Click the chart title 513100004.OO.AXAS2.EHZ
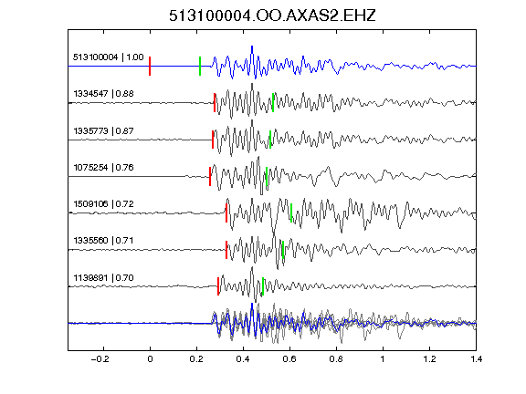pos(272,16)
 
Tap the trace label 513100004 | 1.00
pos(109,57)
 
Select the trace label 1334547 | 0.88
pos(104,93)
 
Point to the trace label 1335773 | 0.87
pos(104,130)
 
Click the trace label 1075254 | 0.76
pos(104,167)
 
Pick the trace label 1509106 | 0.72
pos(104,203)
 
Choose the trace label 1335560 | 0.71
pos(104,240)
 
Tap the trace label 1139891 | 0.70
pos(104,278)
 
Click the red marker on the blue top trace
pos(150,66)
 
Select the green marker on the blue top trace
pos(200,66)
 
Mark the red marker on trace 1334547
pos(215,102)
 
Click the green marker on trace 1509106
pos(291,213)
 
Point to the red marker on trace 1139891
pos(218,286)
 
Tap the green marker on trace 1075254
pos(267,176)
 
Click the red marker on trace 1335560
pos(226,250)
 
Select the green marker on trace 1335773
pos(270,140)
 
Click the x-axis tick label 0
pos(150,359)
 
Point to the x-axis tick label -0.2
pos(100,359)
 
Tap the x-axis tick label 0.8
pos(336,359)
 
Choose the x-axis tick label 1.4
pos(476,359)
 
